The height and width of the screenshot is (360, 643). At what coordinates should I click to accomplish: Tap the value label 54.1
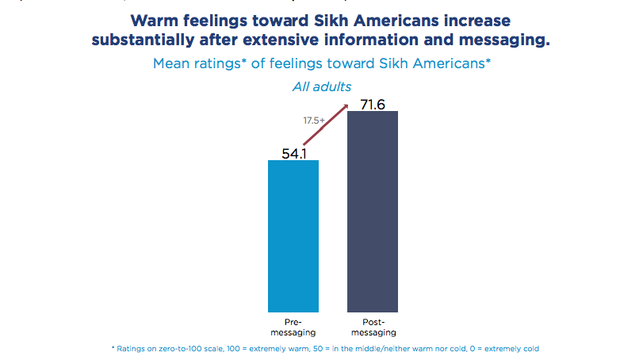tap(293, 151)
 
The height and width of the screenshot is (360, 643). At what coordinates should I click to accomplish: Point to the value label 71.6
tap(372, 103)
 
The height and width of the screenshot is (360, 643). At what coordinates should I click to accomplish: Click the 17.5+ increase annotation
tap(314, 121)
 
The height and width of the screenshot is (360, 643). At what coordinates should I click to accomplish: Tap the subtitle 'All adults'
tap(322, 86)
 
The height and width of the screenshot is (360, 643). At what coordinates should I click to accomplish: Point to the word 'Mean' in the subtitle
tap(173, 64)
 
